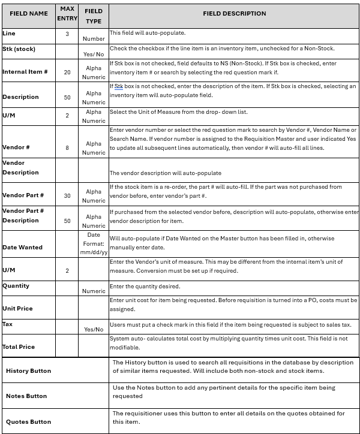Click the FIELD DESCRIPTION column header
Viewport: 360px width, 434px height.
click(234, 13)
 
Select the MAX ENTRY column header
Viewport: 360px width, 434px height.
click(67, 13)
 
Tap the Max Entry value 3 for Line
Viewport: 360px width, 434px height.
click(67, 34)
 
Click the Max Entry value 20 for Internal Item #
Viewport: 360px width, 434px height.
click(67, 72)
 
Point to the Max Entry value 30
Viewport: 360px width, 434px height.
click(67, 196)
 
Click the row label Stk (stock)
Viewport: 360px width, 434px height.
click(17, 49)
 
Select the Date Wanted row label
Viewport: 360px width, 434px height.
click(22, 247)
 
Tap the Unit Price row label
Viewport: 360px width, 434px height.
click(17, 308)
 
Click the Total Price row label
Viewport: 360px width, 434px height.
click(19, 346)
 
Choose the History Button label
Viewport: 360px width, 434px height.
click(28, 370)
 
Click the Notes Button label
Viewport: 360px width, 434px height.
click(26, 396)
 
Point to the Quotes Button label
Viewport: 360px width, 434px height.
click(28, 421)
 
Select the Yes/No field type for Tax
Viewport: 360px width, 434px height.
click(93, 329)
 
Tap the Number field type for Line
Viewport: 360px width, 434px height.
click(93, 38)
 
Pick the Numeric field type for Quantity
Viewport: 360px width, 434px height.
click(93, 291)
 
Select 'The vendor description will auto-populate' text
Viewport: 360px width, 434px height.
click(165, 173)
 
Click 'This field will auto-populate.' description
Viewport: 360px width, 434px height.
click(147, 32)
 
